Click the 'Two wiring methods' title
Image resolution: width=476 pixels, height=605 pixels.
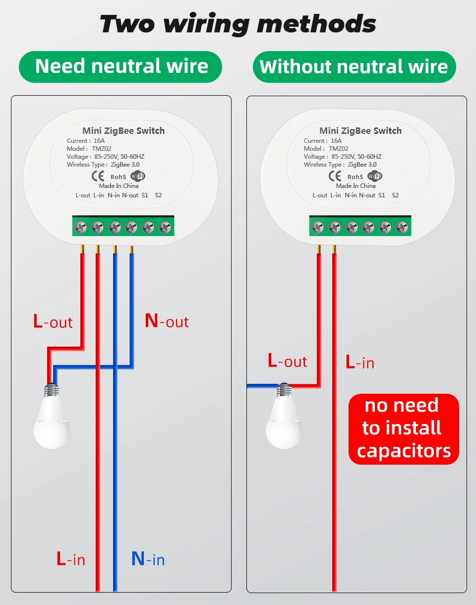coord(238,24)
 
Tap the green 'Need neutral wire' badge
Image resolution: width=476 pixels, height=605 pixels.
coord(120,66)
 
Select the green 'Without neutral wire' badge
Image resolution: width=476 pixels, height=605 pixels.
coord(354,66)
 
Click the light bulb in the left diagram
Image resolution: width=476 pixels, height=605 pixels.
coord(51,419)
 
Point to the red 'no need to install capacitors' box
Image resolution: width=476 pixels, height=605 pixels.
coord(404,428)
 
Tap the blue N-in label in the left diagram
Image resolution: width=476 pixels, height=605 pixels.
coord(148,559)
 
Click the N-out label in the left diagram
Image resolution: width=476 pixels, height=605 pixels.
coord(167,321)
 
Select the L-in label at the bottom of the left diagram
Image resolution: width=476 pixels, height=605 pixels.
coord(71,559)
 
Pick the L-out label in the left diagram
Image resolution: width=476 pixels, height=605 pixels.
coord(53,321)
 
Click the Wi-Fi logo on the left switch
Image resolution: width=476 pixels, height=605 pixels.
coord(138,176)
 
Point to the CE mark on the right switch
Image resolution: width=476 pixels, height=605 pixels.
coord(335,176)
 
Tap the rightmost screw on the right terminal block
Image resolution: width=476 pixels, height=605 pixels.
coord(402,227)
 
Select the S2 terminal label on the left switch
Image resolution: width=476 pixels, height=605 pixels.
coord(158,195)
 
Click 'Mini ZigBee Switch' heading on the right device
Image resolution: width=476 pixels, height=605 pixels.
coord(360,131)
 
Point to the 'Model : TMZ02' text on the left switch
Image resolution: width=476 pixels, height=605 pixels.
coord(84,148)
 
